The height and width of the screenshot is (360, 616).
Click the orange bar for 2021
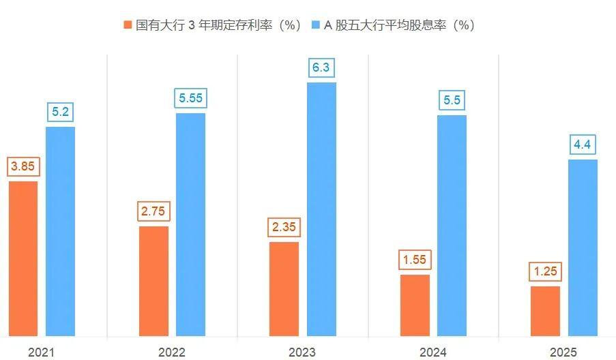coord(23,258)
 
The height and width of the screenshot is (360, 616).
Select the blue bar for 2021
coord(60,231)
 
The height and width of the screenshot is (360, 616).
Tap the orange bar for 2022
coord(153,281)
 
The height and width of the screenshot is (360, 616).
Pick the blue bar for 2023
coord(321,209)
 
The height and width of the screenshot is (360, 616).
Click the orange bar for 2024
coord(415,305)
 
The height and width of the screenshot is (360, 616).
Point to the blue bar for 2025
coord(583,247)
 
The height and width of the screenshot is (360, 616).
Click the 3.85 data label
coord(23,166)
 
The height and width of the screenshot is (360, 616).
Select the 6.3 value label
coord(321,67)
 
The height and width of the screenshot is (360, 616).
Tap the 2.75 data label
coord(153,211)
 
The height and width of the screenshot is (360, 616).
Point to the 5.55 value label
coord(191,98)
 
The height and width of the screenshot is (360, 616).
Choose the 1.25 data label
coord(545,271)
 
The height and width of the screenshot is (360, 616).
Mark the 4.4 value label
coord(583,145)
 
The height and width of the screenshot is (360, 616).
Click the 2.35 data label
coord(284,227)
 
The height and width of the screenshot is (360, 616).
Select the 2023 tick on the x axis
coord(302,352)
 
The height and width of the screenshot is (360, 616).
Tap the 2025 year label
coord(563,352)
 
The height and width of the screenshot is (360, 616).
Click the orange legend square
coord(128,25)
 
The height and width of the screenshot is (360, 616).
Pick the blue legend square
coord(315,25)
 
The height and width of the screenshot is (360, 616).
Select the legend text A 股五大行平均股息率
coord(399,25)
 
